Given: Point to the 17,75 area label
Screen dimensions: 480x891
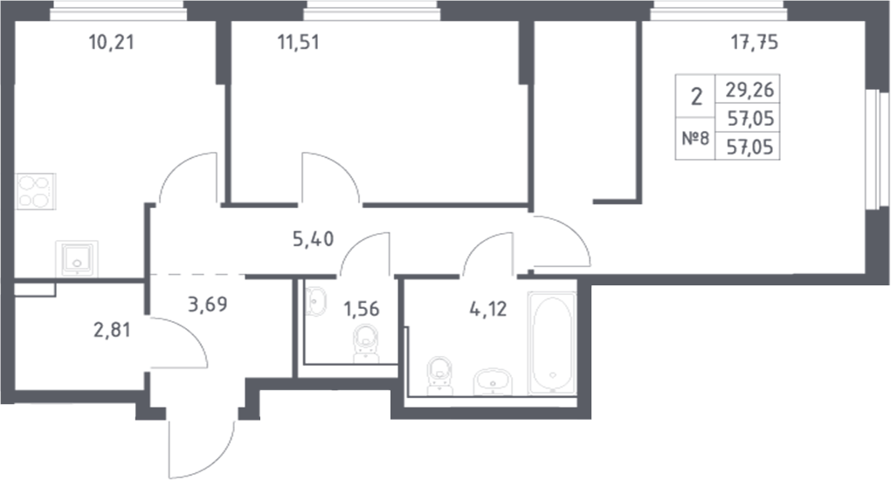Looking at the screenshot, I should click(x=753, y=40).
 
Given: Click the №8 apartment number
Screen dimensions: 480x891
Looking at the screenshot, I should click(x=694, y=138).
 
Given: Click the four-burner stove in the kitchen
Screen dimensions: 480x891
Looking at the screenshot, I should click(x=36, y=191).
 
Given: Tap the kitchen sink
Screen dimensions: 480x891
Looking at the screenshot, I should click(x=77, y=258).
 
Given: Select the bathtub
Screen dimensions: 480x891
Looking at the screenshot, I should click(x=552, y=342).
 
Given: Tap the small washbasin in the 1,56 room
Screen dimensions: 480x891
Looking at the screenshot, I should click(x=314, y=302).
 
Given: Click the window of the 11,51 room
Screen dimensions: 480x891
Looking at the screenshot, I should click(x=370, y=10).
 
